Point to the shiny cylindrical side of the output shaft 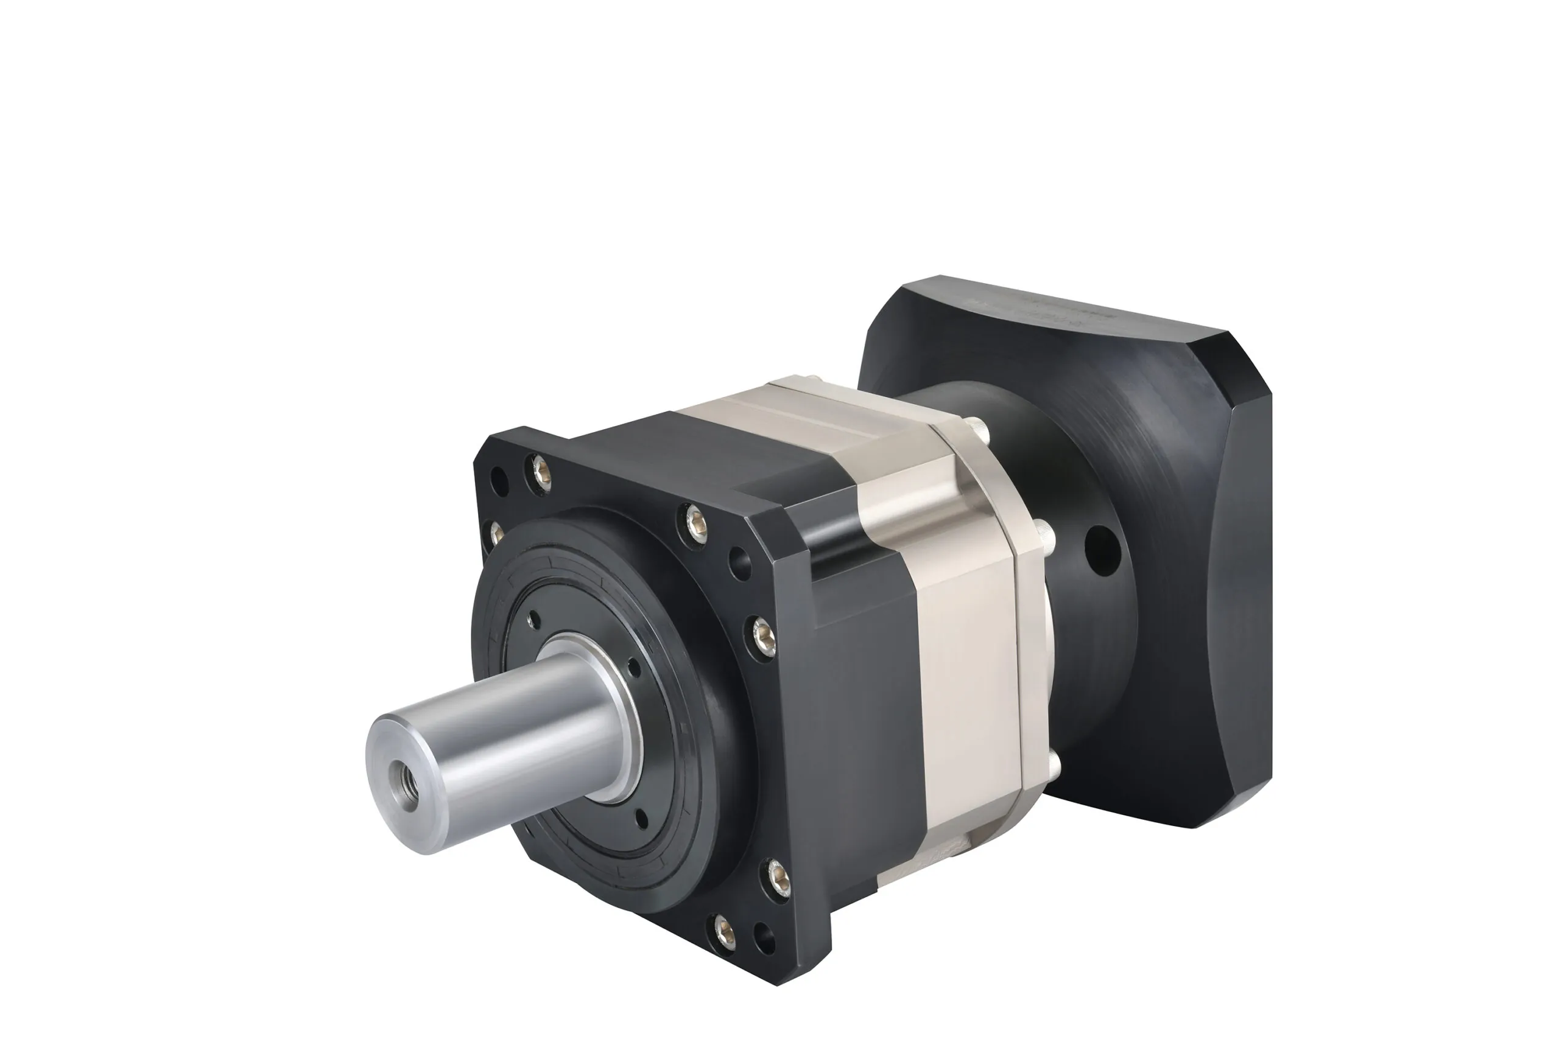point(517,729)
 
